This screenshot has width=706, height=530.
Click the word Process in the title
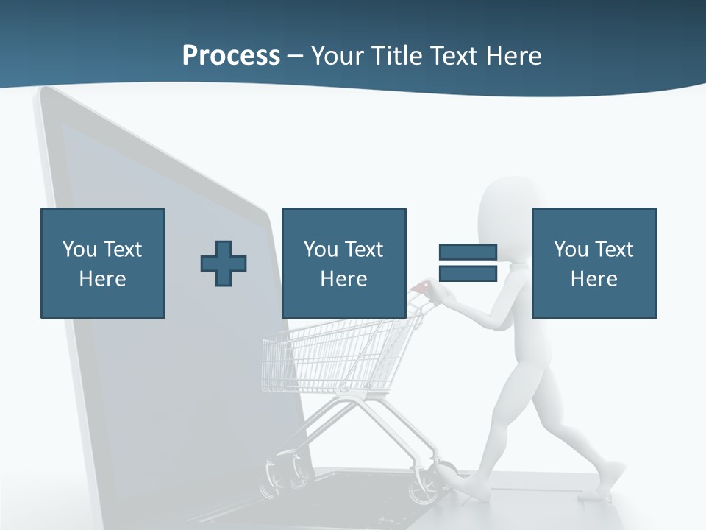[231, 56]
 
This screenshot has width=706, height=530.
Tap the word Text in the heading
[452, 56]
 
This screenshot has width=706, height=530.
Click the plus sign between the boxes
[224, 263]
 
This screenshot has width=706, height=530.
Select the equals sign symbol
[468, 263]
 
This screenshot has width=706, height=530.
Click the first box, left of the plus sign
[103, 263]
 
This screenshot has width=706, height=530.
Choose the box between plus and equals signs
[343, 263]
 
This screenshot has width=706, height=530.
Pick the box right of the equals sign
[593, 263]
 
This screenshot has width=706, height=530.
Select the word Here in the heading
[513, 56]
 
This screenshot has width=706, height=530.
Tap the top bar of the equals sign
[468, 252]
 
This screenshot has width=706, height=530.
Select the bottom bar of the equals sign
[468, 273]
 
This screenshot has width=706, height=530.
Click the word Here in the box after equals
[593, 279]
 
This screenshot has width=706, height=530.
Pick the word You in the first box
[79, 250]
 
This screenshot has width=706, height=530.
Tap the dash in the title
[295, 57]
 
